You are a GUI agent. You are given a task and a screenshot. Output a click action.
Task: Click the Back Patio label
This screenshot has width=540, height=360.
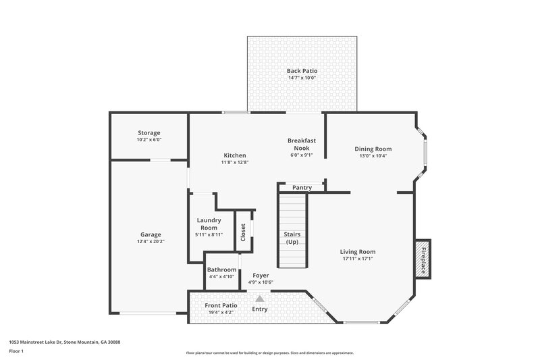click(x=302, y=70)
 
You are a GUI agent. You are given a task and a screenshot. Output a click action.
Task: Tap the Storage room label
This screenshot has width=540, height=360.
click(x=149, y=133)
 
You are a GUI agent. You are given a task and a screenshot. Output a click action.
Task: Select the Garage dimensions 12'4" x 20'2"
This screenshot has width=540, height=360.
click(x=151, y=241)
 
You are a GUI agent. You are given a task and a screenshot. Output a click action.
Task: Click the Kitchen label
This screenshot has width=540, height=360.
click(x=235, y=155)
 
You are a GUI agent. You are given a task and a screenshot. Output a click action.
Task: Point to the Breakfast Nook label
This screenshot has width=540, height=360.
click(x=298, y=144)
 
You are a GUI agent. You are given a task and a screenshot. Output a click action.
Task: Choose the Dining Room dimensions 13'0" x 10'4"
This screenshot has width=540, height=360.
click(x=373, y=155)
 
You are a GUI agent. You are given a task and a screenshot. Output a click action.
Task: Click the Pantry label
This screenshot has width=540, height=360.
click(x=302, y=187)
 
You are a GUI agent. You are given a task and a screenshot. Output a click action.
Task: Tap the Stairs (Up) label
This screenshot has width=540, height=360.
click(x=292, y=238)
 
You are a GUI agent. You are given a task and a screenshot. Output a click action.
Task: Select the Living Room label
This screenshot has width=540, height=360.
click(x=357, y=251)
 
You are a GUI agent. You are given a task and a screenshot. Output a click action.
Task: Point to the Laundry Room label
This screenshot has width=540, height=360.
click(x=209, y=224)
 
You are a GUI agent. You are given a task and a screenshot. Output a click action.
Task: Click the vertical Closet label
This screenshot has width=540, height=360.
click(x=243, y=232)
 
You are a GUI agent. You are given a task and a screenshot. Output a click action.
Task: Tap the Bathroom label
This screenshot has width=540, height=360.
click(x=221, y=269)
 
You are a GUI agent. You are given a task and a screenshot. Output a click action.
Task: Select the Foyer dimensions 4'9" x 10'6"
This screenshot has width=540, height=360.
click(x=261, y=282)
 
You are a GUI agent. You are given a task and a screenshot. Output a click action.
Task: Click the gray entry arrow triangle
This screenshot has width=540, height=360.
click(x=259, y=297)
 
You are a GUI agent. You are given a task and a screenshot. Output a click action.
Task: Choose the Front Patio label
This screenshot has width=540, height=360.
click(x=221, y=305)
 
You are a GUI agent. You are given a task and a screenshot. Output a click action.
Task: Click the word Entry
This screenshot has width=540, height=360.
click(x=260, y=309)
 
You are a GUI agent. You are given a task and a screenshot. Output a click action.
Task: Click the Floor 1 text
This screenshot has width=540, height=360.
click(x=16, y=351)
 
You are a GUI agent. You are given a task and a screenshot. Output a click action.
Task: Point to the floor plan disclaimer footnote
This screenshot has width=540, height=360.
click(x=269, y=353)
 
